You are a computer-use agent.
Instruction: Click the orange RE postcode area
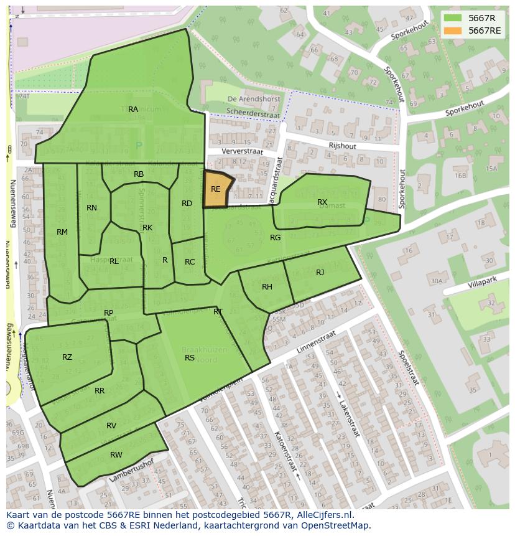pyautogui.click(x=216, y=190)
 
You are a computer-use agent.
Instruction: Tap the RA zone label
pyautogui.click(x=133, y=110)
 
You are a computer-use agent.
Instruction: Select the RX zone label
pyautogui.click(x=322, y=202)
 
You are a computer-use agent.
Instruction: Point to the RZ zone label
pyautogui.click(x=67, y=357)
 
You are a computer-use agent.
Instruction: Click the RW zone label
pyautogui.click(x=116, y=455)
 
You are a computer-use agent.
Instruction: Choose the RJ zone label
pyautogui.click(x=320, y=273)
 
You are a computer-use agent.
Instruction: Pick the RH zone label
pyautogui.click(x=267, y=287)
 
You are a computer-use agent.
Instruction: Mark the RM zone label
pyautogui.click(x=62, y=232)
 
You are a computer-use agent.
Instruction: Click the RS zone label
pyautogui.click(x=190, y=358)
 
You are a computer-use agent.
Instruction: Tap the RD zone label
pyautogui.click(x=187, y=204)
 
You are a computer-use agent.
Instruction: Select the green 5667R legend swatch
pyautogui.click(x=453, y=18)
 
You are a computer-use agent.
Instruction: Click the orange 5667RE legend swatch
pyautogui.click(x=453, y=31)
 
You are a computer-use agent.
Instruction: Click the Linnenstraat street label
pyautogui.click(x=315, y=343)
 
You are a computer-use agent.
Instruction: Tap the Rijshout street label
pyautogui.click(x=343, y=145)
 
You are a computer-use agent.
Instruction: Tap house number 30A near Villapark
pyautogui.click(x=436, y=281)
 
